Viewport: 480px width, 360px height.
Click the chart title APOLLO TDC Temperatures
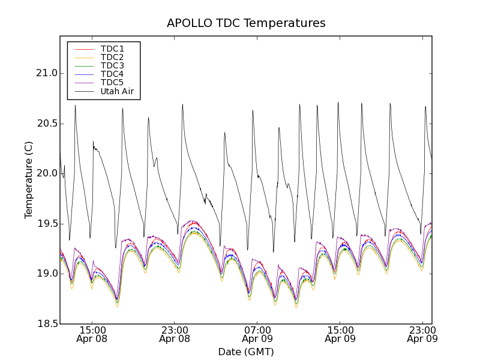246,23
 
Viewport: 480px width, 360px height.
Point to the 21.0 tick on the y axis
46,73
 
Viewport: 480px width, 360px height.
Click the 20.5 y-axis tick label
46,124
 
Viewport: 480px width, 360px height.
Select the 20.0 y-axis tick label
46,173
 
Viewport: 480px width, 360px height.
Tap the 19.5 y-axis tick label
46,224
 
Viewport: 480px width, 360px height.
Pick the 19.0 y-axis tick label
46,274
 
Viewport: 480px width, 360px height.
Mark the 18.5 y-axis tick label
46,324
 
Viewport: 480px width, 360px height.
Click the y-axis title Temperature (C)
29,180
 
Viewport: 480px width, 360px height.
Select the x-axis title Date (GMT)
246,352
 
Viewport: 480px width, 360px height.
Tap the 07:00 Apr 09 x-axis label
257,334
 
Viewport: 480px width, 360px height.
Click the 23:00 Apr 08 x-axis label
175,334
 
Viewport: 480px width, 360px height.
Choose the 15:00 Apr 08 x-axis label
92,334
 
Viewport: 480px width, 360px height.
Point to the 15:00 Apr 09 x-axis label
340,334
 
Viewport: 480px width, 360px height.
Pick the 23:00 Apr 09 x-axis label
422,334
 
